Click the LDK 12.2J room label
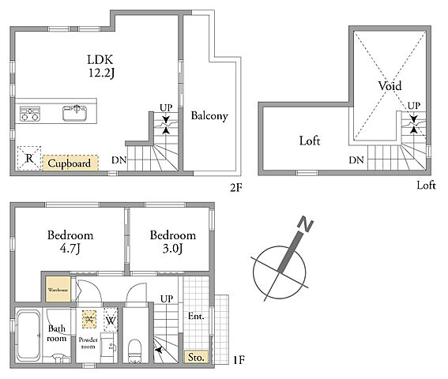coord(101,66)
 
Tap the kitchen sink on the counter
coord(74,113)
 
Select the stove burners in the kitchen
coord(30,114)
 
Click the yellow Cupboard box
coord(70,163)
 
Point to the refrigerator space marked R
coord(29,158)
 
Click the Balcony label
coord(209,116)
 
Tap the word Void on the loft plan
coord(390,85)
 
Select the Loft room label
coord(310,141)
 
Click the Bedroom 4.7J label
coord(70,242)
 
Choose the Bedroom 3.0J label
coord(173,242)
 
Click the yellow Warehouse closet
coord(58,289)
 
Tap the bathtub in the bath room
coord(28,336)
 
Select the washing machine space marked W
coord(111,320)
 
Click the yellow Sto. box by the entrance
coord(196,357)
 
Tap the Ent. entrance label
coord(196,316)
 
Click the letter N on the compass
coord(306,224)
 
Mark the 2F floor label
coord(236,188)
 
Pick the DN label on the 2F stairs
coord(119,160)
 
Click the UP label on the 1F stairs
coord(167,298)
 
